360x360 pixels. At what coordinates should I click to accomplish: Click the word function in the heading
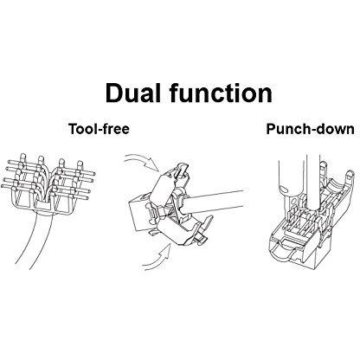pos(221,93)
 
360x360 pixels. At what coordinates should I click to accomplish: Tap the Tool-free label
pos(99,129)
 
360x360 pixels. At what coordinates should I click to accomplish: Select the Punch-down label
pos(310,129)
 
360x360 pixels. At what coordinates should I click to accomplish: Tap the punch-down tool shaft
pos(312,184)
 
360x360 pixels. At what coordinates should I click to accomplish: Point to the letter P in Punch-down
pos(271,129)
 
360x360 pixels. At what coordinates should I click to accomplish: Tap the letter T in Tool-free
pos(74,129)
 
